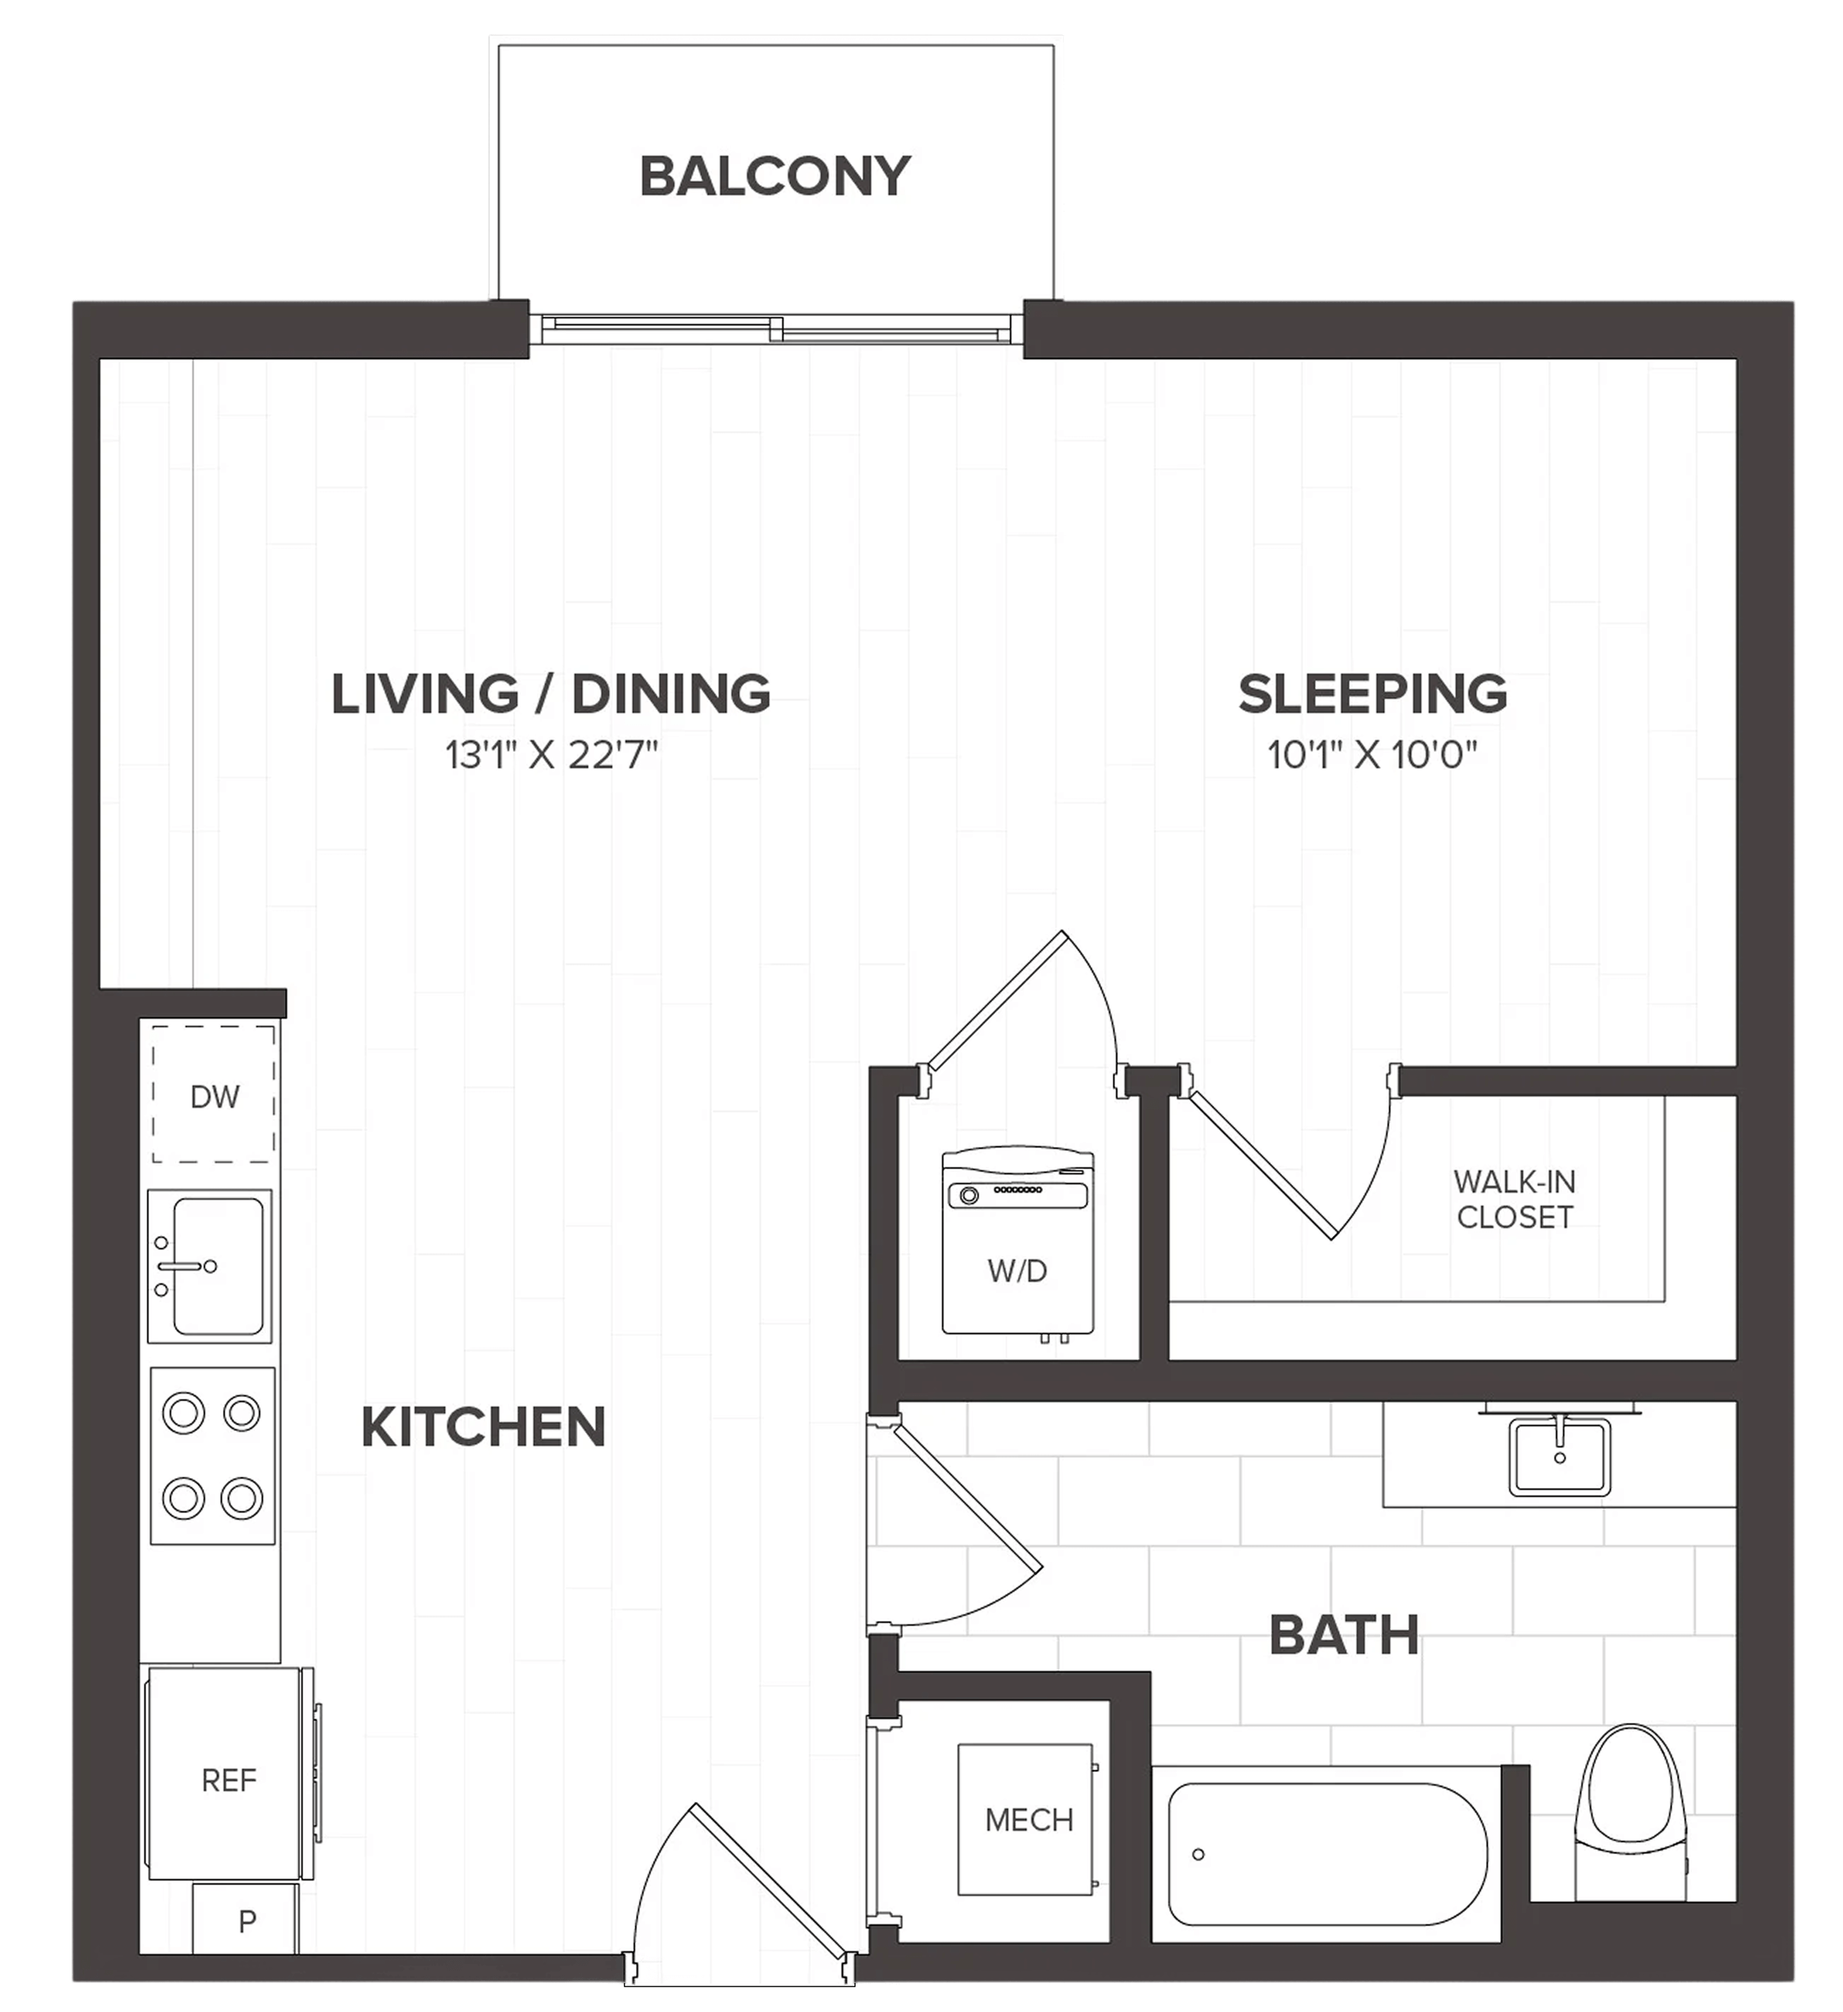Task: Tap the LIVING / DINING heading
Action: coord(551,693)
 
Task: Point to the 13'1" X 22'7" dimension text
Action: coord(551,754)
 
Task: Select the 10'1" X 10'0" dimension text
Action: coord(1372,754)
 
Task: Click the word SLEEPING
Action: coord(1373,693)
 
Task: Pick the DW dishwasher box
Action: coord(214,1094)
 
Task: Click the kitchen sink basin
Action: coord(218,1266)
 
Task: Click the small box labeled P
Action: coord(245,1919)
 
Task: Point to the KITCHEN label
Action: coord(484,1426)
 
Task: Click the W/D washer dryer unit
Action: coord(1018,1242)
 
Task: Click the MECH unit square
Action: coord(1025,1820)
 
